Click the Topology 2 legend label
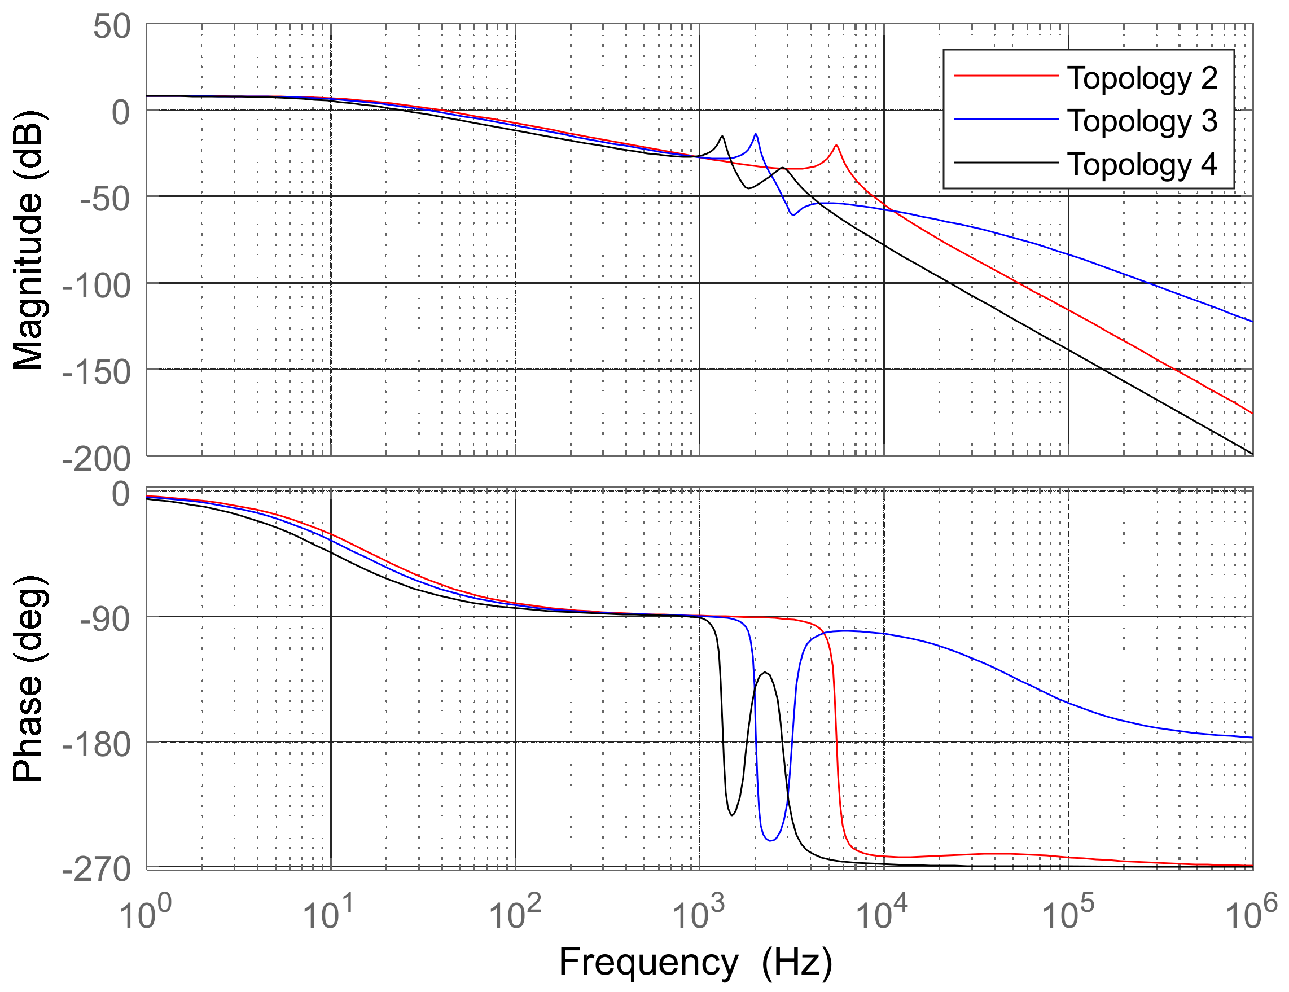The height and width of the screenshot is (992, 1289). (1142, 78)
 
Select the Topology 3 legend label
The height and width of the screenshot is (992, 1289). (1142, 121)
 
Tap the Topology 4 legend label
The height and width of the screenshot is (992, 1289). (1142, 165)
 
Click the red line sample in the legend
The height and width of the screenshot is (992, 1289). (1006, 76)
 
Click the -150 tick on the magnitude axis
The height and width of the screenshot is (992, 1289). (96, 372)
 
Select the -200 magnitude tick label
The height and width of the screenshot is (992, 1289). (96, 459)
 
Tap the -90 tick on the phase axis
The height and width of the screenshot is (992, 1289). (105, 619)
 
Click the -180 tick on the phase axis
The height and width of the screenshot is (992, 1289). (96, 745)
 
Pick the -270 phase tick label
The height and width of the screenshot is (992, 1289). (96, 870)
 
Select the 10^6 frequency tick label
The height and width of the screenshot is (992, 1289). (1251, 913)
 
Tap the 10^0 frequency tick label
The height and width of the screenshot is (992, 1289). (145, 913)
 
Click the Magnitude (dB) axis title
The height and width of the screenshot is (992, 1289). (28, 240)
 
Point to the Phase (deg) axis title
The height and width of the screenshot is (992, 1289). (28, 679)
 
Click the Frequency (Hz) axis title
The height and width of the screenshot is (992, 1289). (695, 963)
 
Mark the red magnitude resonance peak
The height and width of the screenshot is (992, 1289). (836, 145)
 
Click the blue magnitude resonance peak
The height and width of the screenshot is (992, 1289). (756, 134)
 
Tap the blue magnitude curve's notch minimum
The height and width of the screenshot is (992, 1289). (792, 215)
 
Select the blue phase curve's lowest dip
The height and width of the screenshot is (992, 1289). (771, 840)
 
